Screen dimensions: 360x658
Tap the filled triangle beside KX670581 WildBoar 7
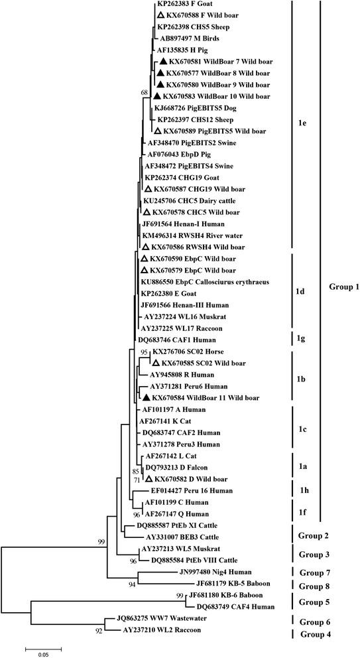pyautogui.click(x=160, y=61)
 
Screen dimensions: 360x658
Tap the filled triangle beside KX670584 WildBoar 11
pyautogui.click(x=147, y=397)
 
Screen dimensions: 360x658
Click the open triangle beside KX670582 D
pyautogui.click(x=150, y=479)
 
